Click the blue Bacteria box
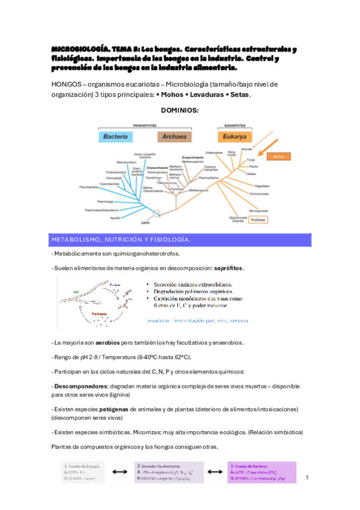tap(115, 137)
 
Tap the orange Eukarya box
tap(236, 136)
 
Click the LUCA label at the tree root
tap(145, 222)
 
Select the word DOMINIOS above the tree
tap(180, 110)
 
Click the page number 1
tap(307, 478)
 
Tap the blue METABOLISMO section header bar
tap(180, 240)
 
